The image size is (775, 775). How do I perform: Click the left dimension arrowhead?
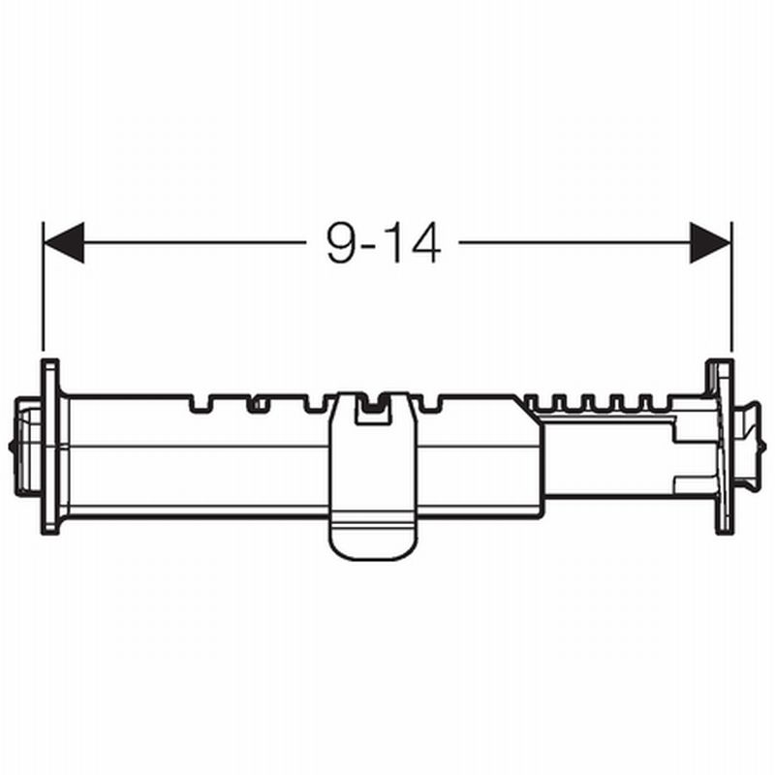point(64,242)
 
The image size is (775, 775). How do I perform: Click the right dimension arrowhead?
point(710,242)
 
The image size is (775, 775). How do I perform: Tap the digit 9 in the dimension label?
point(342,242)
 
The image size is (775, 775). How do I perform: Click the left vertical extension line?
point(44,290)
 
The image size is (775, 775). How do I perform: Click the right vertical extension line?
point(731,290)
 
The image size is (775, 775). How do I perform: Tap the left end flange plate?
point(49,447)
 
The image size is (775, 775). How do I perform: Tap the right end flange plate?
point(724,447)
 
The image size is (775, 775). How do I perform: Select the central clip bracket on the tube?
point(373,476)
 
